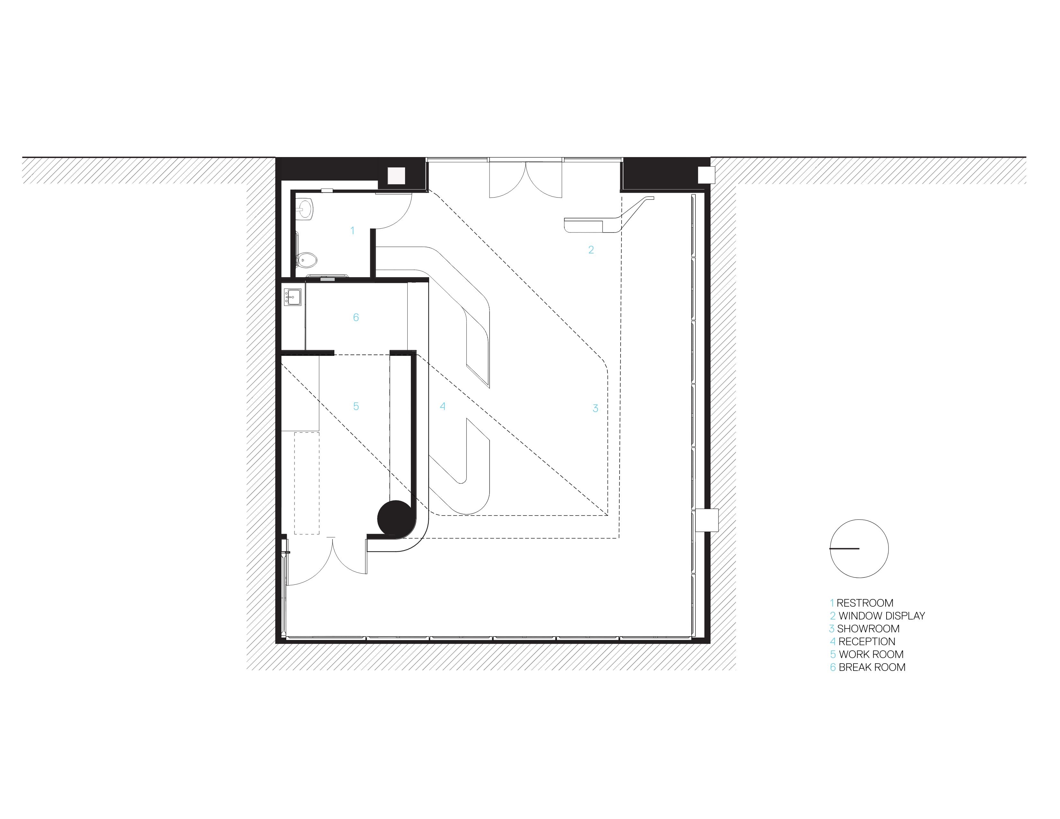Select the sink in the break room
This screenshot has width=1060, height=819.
point(293,296)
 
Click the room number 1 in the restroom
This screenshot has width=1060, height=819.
point(352,231)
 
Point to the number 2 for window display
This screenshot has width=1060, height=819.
point(591,250)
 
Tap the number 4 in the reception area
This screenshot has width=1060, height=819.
point(442,406)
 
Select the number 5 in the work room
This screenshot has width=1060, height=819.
point(356,406)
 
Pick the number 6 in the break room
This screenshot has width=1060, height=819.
point(356,317)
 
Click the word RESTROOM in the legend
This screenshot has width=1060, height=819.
point(865,603)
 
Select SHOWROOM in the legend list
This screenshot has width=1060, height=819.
point(868,629)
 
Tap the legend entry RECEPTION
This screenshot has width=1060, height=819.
point(867,641)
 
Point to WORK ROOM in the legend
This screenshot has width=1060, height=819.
point(871,655)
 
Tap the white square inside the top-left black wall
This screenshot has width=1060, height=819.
point(396,175)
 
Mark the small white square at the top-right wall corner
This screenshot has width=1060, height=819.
point(706,175)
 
